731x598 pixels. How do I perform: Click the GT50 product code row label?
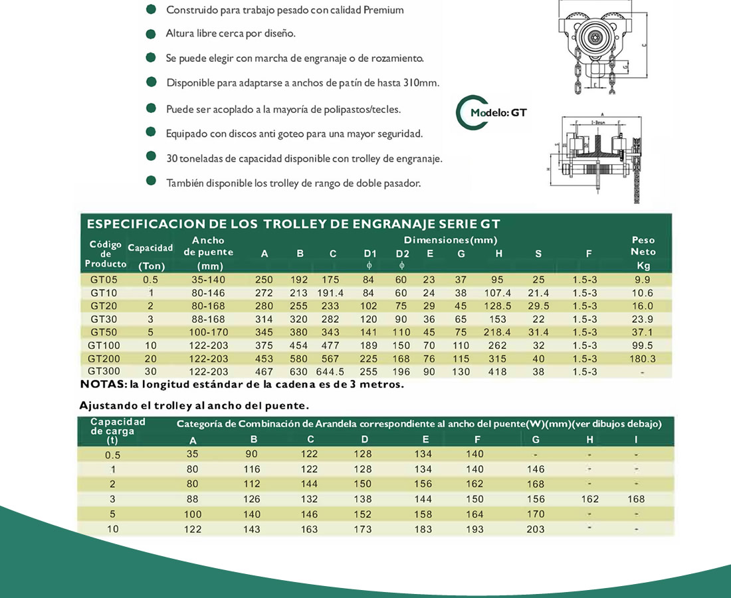[104, 332]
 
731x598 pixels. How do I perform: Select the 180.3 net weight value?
[643, 358]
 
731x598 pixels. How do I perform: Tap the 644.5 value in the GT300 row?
[333, 371]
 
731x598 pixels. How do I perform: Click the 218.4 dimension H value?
[498, 332]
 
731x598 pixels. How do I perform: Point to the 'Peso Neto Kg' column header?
[643, 252]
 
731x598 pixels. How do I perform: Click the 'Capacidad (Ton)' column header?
[150, 256]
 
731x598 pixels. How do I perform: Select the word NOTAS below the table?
[102, 384]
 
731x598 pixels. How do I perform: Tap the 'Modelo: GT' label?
[498, 113]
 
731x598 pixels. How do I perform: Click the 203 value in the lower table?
[535, 529]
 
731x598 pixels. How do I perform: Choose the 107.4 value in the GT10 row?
[498, 293]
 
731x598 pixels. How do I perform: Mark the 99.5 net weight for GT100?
[643, 346]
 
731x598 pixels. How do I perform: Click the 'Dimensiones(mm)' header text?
[451, 240]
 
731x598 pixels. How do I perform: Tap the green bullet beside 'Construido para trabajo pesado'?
[152, 10]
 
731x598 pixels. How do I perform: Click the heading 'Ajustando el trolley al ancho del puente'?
[194, 405]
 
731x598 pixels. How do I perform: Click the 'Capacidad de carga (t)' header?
[118, 430]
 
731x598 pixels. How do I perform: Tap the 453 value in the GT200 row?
[264, 358]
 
